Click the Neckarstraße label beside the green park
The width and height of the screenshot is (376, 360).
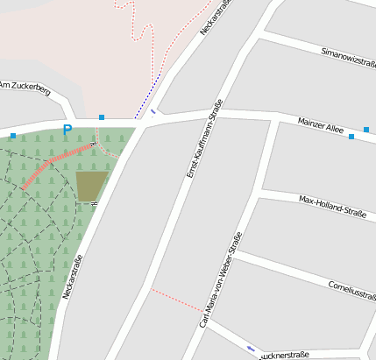click(72, 277)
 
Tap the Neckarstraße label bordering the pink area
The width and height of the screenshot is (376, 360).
click(216, 18)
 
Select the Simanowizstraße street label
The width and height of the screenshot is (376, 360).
click(348, 58)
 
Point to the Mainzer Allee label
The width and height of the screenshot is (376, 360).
click(321, 125)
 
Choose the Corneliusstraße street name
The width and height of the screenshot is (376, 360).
click(351, 288)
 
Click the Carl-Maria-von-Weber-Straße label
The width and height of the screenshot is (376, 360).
click(220, 279)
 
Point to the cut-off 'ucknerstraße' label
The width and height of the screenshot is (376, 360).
click(286, 356)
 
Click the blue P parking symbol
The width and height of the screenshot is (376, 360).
click(67, 131)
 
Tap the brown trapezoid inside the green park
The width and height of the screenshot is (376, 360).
click(91, 185)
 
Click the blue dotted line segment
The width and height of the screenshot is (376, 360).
click(147, 97)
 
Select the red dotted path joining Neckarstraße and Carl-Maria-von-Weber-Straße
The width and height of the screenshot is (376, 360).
click(175, 299)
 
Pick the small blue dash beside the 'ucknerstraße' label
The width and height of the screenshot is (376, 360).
click(252, 349)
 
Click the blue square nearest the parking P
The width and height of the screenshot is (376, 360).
click(102, 117)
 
